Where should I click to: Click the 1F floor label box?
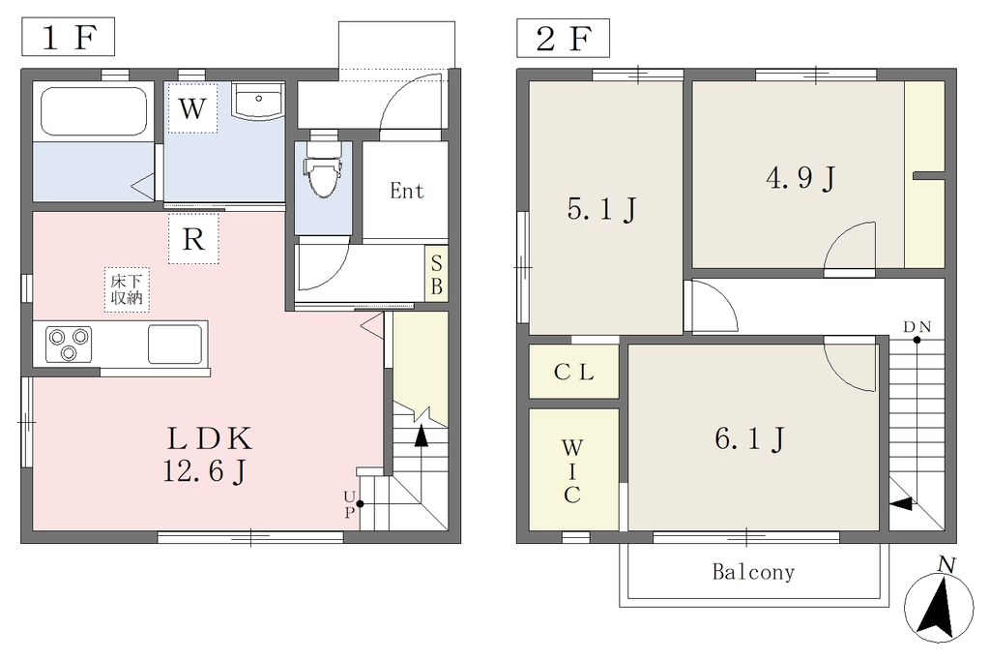point(69,38)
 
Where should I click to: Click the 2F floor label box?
point(564,38)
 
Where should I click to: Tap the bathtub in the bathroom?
point(94,111)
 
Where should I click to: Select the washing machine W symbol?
point(192,108)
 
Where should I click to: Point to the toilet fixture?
point(323,170)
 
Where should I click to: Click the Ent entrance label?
point(407,191)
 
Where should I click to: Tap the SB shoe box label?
point(436,275)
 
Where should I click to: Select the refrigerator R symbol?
point(193,239)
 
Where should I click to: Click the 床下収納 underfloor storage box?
point(127,289)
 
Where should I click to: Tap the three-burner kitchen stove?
point(69,345)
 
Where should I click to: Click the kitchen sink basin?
point(175,344)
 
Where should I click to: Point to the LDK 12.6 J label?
point(208,455)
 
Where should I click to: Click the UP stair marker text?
point(349,503)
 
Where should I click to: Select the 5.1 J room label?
point(601,209)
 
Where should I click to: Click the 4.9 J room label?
point(801,178)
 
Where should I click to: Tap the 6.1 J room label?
point(750,438)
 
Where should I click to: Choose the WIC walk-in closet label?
point(572,471)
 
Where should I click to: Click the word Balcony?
point(753,572)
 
